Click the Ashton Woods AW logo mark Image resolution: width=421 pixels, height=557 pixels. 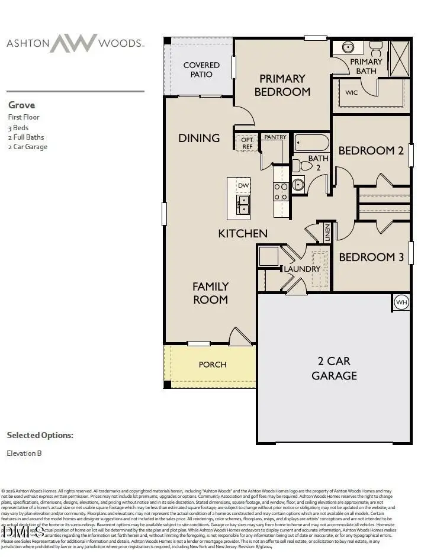pos(73,43)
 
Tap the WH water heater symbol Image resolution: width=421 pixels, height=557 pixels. pos(401,302)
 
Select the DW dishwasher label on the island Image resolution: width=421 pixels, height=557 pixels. pos(243,185)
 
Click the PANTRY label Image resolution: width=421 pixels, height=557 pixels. pos(275,137)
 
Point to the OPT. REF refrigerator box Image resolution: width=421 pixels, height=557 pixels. pos(247,143)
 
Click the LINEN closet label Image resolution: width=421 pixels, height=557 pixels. pos(327,233)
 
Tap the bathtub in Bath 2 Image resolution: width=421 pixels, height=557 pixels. pos(311,143)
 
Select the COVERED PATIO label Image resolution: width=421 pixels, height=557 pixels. pos(201,69)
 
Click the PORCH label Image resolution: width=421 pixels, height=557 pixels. pos(212,365)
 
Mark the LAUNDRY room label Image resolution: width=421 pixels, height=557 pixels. pos(302,269)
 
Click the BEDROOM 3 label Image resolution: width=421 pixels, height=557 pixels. pos(371,257)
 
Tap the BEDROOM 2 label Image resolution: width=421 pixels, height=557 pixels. pos(371,151)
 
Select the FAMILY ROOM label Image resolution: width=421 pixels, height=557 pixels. pos(210,293)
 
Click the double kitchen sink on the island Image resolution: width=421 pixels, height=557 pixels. pos(243,205)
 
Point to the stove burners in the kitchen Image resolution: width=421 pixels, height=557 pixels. pos(281,191)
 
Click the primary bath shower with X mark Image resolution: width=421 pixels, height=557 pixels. pos(400,59)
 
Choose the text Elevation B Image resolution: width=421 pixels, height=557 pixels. pos(24,453)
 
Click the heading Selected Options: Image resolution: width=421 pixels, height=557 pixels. pos(40,435)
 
